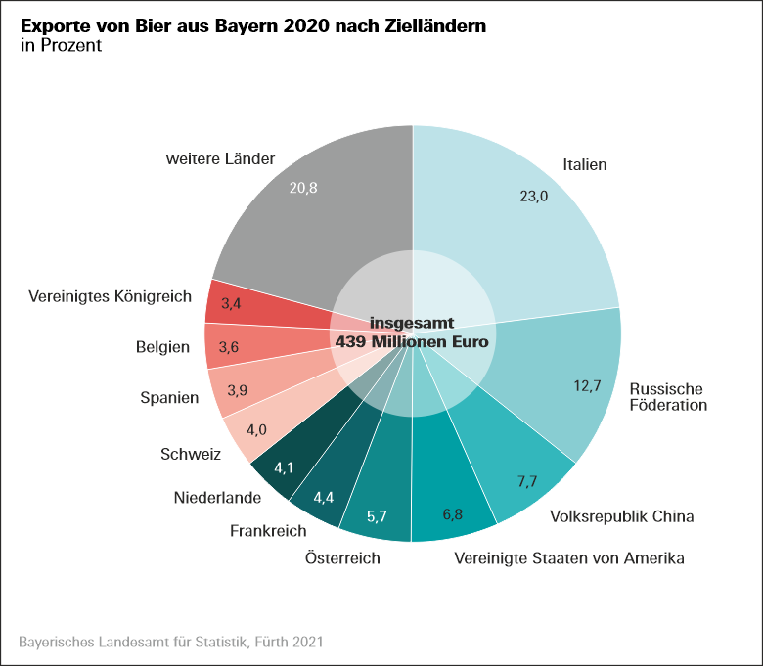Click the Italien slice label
click(585, 164)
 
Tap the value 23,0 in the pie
click(533, 197)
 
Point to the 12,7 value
click(588, 385)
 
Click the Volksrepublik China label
click(622, 515)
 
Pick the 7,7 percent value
click(528, 482)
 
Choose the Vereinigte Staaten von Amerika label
click(569, 558)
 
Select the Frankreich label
click(268, 531)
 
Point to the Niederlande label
click(217, 498)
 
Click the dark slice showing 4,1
click(284, 467)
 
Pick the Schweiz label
click(191, 454)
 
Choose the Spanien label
click(169, 398)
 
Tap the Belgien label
click(162, 346)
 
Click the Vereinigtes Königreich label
click(111, 295)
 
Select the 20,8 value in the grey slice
click(303, 188)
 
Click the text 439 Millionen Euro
click(412, 342)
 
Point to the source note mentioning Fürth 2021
click(170, 643)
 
